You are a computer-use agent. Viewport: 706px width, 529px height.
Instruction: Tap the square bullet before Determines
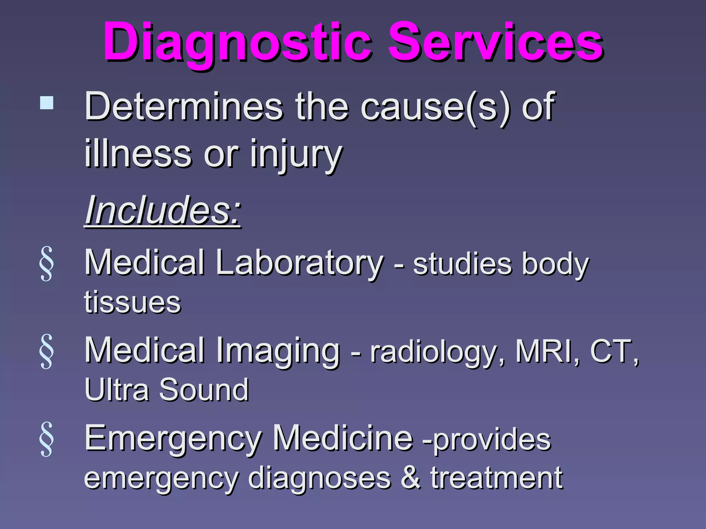tap(47, 103)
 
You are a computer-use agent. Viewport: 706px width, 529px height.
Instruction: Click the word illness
tap(138, 154)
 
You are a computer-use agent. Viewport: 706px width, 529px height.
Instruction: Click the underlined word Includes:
tap(163, 210)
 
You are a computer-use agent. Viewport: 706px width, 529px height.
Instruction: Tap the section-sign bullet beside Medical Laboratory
tap(47, 264)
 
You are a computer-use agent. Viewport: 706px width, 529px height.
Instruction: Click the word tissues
tap(132, 302)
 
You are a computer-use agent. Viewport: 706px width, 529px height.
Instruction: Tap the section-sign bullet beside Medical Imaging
tap(47, 351)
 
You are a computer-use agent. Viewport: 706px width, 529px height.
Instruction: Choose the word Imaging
tap(278, 351)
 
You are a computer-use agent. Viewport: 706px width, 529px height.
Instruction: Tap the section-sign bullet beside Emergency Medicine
tap(47, 439)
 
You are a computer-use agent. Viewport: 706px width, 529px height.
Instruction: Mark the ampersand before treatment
tap(411, 477)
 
